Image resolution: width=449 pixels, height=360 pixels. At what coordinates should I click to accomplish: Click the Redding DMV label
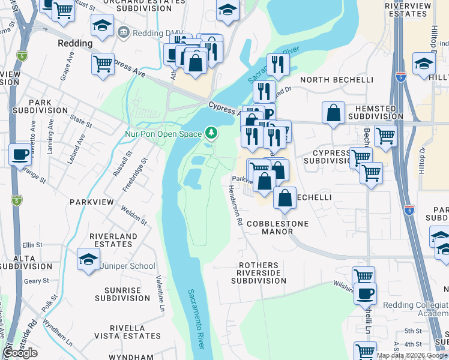tap(146, 31)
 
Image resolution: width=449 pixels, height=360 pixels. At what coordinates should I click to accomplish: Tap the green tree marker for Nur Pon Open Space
tap(211, 132)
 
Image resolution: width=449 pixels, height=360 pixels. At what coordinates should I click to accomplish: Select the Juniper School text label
tap(127, 266)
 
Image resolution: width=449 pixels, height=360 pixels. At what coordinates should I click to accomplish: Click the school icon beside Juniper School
tap(88, 260)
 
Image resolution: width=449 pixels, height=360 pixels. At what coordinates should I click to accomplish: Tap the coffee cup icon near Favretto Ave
tap(20, 155)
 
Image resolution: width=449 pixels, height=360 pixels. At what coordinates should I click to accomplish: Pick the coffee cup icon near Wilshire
tap(364, 294)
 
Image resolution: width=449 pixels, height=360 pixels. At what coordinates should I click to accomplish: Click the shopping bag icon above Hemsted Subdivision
tap(333, 113)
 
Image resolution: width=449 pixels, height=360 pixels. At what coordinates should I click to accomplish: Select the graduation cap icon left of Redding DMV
tap(103, 26)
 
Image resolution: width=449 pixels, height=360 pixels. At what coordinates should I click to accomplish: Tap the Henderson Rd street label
tap(235, 205)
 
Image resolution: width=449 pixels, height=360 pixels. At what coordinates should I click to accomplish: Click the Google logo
tap(20, 353)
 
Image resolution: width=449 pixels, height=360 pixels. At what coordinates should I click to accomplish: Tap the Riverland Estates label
tap(113, 241)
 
